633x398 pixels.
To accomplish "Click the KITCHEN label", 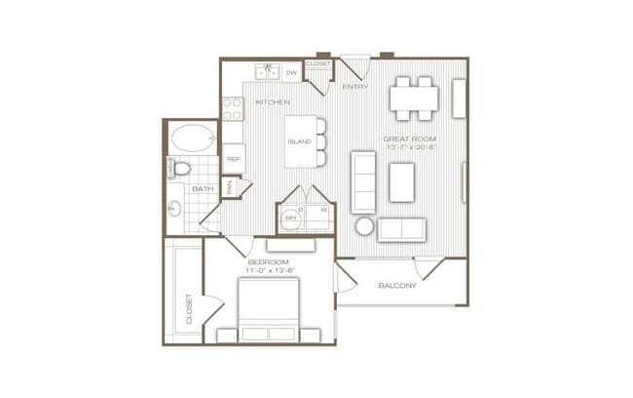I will [272, 101].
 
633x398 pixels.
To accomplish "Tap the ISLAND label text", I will [299, 142].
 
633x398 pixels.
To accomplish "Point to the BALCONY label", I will [397, 286].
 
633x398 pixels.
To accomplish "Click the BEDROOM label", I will [268, 262].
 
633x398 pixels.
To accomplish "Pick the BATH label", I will [203, 188].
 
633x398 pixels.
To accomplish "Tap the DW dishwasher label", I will [291, 73].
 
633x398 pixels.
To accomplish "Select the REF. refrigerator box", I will [234, 158].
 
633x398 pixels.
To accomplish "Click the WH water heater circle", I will [290, 219].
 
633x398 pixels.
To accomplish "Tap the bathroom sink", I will [175, 208].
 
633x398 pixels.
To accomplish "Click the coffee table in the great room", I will [402, 182].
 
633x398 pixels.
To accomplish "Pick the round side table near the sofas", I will [364, 226].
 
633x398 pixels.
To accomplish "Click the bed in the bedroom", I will [269, 309].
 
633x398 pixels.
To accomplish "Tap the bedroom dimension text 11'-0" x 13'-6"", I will [268, 271].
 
